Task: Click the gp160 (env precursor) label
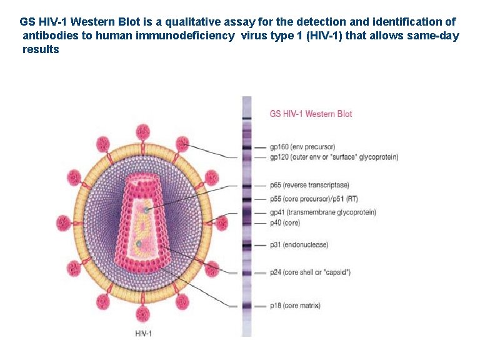(302, 147)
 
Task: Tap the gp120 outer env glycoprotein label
(334, 157)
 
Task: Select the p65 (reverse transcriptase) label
(309, 185)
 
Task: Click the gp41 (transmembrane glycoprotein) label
(322, 212)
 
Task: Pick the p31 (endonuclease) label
(299, 245)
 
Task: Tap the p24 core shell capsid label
(310, 272)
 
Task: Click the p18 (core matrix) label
(295, 306)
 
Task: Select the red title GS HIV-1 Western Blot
(311, 114)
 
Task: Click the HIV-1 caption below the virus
(143, 333)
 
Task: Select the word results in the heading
(41, 49)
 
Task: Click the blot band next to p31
(247, 245)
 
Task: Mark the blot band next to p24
(247, 272)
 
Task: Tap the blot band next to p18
(247, 306)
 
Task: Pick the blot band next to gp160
(247, 147)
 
